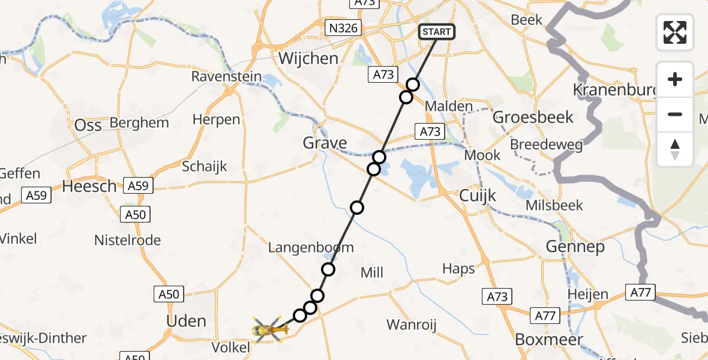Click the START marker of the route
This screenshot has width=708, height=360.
coord(436,32)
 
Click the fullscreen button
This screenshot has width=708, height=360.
coord(675,32)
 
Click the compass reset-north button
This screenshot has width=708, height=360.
coord(675,149)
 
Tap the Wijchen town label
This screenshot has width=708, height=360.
coord(308,58)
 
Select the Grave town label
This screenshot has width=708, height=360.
coord(325,143)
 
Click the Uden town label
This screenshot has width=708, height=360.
coord(187,320)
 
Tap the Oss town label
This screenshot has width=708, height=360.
coord(88,125)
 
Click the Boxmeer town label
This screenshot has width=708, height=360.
coord(548,340)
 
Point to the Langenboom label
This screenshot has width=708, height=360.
coord(311,247)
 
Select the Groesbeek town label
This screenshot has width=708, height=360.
coord(533,117)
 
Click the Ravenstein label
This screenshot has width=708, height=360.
coord(226,76)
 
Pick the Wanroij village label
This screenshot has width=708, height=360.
coord(411,325)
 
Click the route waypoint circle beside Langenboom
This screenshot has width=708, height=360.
coord(328,269)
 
